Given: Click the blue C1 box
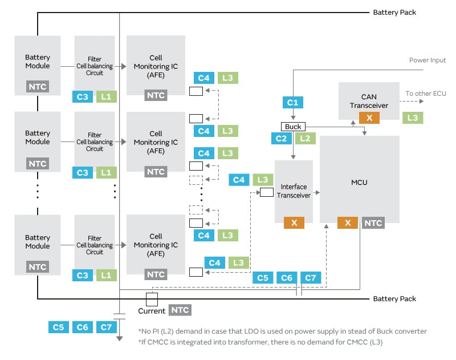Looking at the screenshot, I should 293,103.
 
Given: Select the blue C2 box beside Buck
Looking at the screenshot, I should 281,138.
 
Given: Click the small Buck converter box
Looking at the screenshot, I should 293,126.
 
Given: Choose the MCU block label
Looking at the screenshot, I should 359,183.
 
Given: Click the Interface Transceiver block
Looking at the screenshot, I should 294,191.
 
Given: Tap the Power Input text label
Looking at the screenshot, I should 427,60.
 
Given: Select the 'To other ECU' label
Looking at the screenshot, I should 425,94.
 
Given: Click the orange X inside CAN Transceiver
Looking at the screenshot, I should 369,118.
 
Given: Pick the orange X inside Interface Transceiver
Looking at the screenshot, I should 294,223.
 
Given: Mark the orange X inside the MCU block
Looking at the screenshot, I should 347,223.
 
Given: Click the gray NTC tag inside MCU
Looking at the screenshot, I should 373,223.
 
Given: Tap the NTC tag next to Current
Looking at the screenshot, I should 180,310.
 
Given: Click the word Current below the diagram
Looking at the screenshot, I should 152,311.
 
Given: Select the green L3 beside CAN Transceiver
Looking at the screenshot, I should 413,118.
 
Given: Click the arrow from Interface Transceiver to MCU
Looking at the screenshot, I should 316,193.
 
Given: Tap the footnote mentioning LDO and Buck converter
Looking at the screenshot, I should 282,331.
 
